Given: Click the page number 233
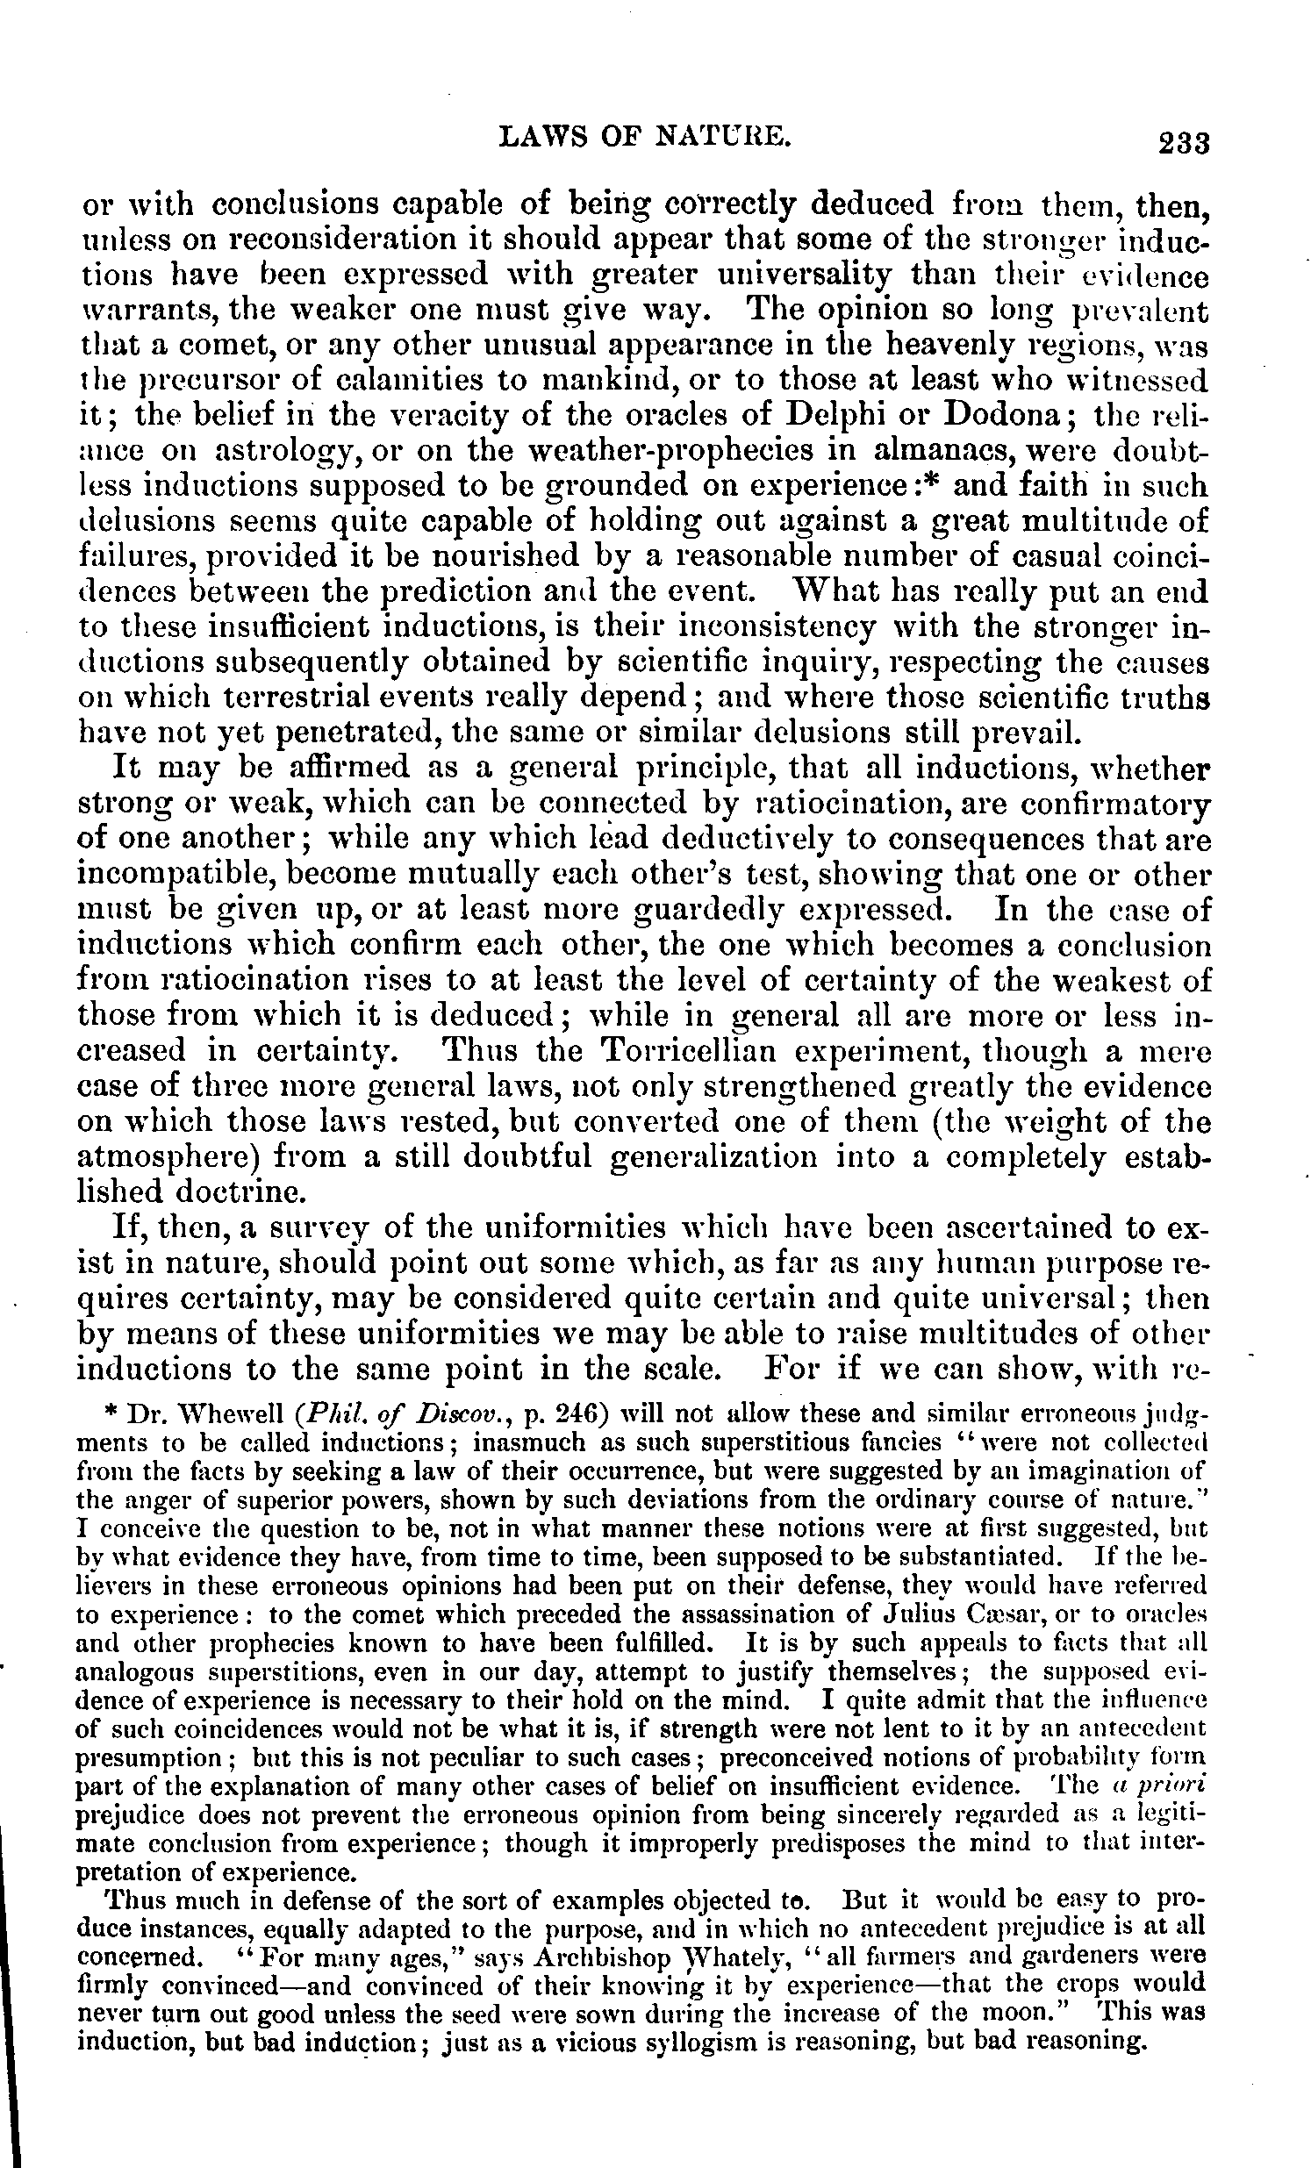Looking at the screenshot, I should point(1185,143).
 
